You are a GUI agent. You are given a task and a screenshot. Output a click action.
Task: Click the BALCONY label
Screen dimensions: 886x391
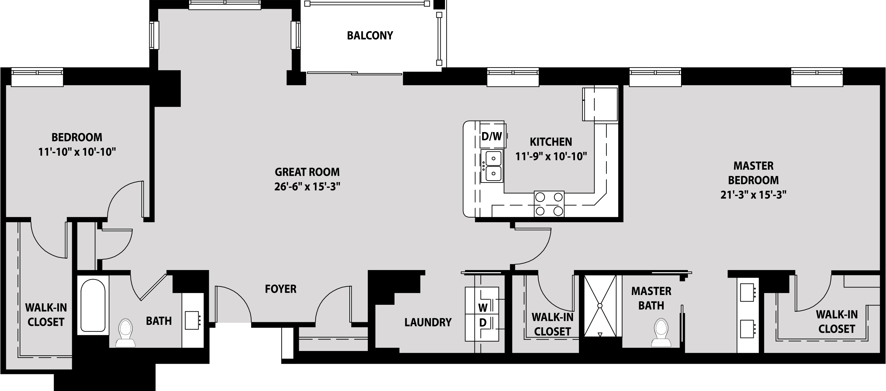[370, 35]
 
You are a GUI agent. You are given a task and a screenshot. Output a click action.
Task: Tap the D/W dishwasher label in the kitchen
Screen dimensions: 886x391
[491, 136]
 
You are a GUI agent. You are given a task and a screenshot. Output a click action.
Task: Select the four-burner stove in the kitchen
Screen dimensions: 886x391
[549, 204]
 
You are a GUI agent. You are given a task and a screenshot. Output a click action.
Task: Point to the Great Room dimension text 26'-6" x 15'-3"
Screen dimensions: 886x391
[307, 186]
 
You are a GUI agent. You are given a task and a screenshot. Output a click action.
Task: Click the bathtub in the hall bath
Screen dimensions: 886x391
[93, 305]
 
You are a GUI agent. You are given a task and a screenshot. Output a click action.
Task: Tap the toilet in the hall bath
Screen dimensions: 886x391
[125, 332]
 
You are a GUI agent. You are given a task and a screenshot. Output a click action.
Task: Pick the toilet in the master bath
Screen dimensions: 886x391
[661, 332]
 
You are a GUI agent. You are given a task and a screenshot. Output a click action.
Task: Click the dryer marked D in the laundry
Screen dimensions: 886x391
[482, 327]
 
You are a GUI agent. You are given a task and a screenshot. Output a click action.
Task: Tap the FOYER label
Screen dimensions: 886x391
[281, 289]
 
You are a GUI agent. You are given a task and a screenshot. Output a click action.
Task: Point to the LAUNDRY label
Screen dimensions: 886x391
[428, 322]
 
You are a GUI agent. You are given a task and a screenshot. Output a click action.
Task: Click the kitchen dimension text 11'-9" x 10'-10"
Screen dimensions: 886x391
[551, 157]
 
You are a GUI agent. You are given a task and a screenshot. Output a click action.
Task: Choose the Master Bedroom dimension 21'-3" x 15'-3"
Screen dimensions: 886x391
[753, 195]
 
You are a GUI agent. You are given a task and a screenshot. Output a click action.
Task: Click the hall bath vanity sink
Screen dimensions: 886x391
[192, 320]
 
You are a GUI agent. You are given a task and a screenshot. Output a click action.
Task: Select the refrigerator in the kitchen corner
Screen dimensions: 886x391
[600, 104]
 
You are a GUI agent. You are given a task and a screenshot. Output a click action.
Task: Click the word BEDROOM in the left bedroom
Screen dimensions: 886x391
[77, 137]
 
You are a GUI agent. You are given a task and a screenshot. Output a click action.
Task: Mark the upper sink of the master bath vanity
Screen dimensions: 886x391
[747, 292]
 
